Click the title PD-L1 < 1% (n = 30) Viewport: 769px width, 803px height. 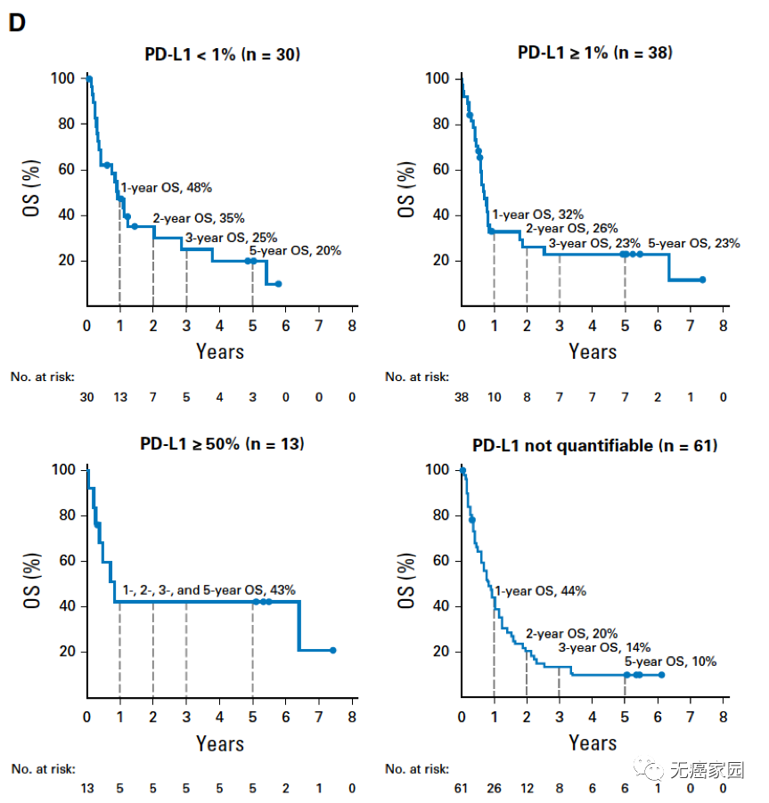point(222,54)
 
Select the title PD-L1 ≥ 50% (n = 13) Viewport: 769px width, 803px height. point(222,443)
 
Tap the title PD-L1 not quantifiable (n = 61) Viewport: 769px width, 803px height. point(595,444)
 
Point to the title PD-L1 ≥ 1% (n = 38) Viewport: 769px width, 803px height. point(595,53)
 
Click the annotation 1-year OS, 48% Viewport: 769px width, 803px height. point(166,188)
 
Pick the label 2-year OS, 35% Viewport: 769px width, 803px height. point(199,218)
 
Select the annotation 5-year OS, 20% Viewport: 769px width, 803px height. point(295,251)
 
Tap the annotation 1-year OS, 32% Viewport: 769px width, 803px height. point(538,215)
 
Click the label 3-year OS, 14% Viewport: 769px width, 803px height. point(605,647)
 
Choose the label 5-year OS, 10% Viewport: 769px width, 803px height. point(670,661)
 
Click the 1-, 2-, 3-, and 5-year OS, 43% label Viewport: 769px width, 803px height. point(209,589)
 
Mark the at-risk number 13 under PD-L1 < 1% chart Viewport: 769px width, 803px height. point(119,397)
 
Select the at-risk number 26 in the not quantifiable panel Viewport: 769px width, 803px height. point(494,789)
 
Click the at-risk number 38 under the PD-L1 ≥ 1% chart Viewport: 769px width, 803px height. point(461,397)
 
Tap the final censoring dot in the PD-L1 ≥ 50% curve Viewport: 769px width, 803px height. point(332,651)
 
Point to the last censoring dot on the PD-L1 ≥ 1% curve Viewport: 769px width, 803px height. point(702,280)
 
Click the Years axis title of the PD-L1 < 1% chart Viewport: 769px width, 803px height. point(219,351)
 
